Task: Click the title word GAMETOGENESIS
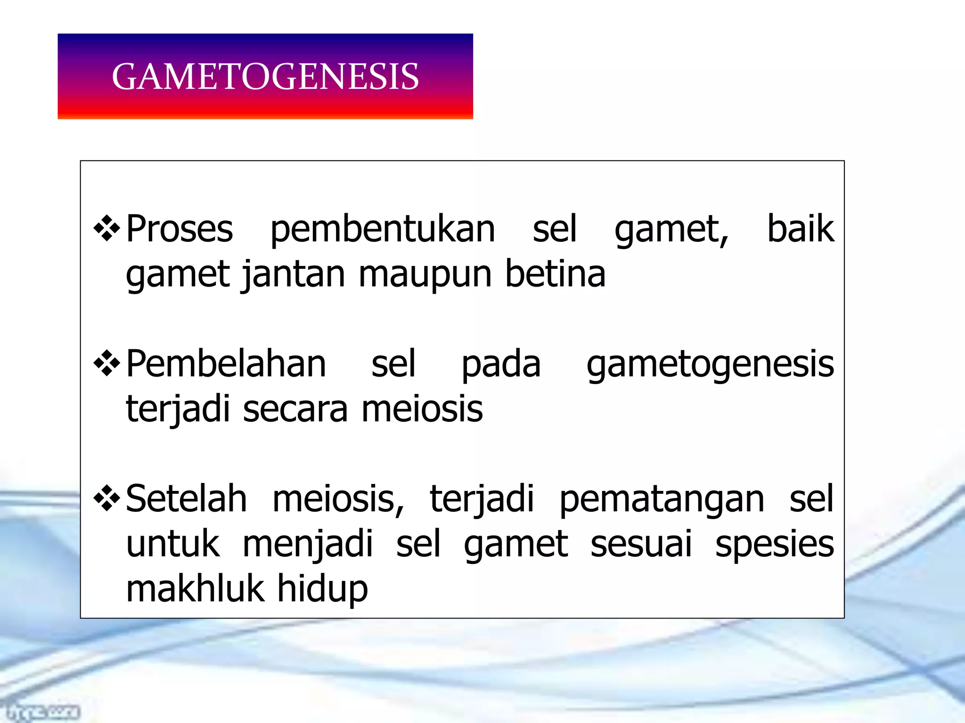click(x=265, y=77)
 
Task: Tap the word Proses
click(x=180, y=229)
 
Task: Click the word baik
click(x=801, y=229)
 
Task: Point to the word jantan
click(x=293, y=275)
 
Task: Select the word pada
click(x=501, y=365)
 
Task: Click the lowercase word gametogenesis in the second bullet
click(x=710, y=365)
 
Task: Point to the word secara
click(x=295, y=409)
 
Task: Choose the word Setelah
click(x=187, y=498)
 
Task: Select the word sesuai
click(x=641, y=544)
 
